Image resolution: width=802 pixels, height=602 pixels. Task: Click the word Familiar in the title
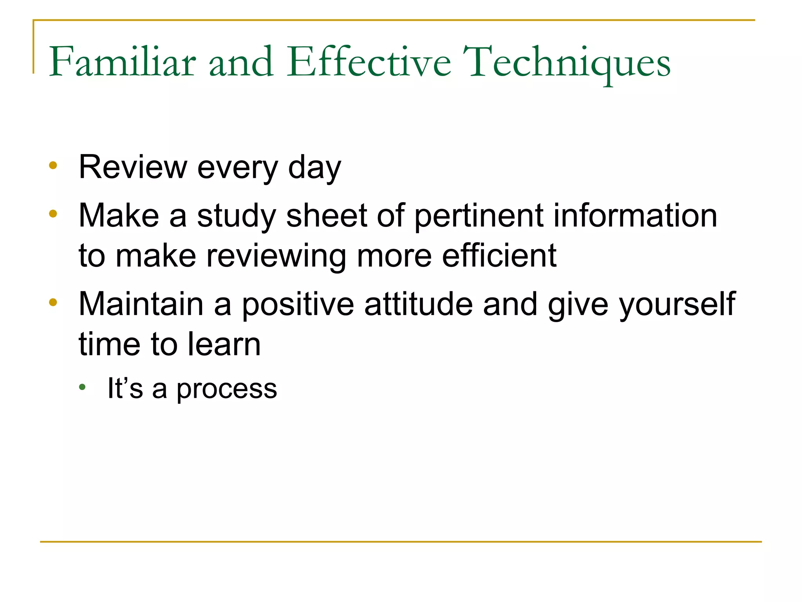122,62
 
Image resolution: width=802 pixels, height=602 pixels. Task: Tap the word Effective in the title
369,62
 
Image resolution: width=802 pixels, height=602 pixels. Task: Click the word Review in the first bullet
133,167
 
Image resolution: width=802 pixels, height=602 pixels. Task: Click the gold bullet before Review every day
53,165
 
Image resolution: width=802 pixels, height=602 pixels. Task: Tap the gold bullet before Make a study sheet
53,214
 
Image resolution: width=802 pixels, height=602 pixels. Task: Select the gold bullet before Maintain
53,302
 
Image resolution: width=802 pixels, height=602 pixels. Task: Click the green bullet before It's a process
82,387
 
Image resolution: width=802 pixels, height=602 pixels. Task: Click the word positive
298,305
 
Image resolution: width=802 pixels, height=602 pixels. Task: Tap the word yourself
677,305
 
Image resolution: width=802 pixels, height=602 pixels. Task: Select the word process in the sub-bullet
227,390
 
